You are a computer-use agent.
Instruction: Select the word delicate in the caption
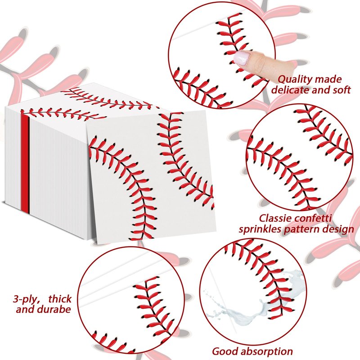point(292,89)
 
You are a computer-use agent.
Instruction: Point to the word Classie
point(267,219)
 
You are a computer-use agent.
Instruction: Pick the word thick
point(60,299)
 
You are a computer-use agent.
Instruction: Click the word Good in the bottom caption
point(224,351)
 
